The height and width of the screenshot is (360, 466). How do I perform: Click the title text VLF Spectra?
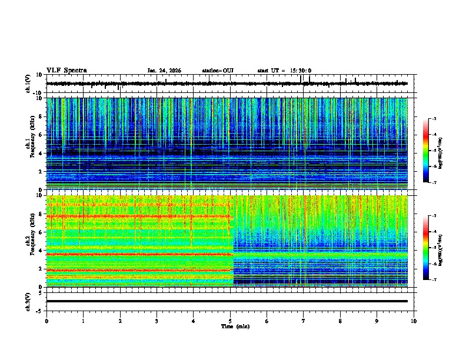click(66, 70)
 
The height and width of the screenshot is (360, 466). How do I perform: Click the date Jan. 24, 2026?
click(164, 71)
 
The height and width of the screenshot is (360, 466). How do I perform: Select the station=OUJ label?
click(218, 71)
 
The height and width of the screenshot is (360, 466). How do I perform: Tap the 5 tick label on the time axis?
click(230, 321)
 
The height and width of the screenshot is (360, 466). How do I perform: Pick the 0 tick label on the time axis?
click(46, 321)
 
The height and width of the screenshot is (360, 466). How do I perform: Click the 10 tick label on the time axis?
click(414, 321)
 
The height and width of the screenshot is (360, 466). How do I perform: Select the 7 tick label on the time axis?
click(304, 321)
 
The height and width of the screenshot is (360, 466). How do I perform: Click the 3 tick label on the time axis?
click(157, 321)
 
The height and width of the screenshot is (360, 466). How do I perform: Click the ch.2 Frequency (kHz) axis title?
click(29, 240)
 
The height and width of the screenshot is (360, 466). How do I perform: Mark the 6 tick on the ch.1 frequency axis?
click(41, 135)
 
